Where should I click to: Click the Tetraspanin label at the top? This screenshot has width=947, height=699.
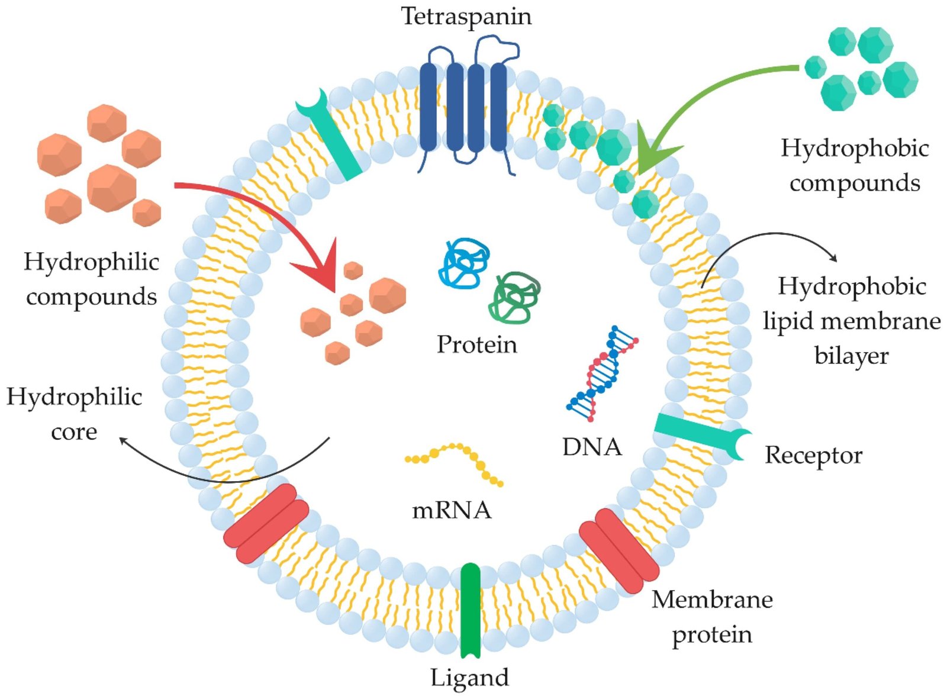(x=466, y=16)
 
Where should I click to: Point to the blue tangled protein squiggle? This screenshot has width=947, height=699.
(x=464, y=263)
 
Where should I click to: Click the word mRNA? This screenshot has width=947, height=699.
(x=452, y=510)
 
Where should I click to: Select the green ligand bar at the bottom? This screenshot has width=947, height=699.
(x=471, y=610)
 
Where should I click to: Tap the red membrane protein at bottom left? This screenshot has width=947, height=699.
(x=267, y=523)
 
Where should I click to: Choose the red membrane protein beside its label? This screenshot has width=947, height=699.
(x=619, y=550)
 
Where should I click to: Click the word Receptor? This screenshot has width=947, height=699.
(x=813, y=455)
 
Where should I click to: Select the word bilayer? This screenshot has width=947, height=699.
(x=851, y=356)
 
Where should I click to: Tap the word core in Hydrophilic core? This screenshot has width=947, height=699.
(x=74, y=431)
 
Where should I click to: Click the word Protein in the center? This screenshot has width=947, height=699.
(x=476, y=344)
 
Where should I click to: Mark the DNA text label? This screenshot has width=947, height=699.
(x=592, y=447)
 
